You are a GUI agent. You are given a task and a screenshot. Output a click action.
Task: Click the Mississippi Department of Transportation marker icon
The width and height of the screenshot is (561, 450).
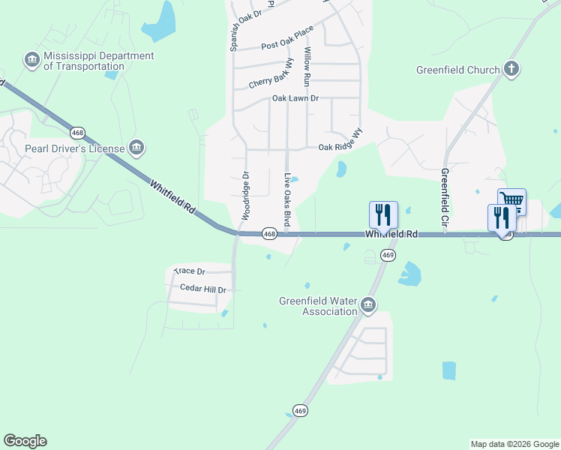[x=32, y=60]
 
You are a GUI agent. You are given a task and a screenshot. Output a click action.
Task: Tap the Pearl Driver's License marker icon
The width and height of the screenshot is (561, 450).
[x=136, y=148]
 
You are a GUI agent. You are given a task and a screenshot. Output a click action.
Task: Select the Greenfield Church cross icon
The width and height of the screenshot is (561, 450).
[x=511, y=70]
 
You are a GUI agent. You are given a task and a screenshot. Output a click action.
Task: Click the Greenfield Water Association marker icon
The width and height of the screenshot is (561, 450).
[x=368, y=304]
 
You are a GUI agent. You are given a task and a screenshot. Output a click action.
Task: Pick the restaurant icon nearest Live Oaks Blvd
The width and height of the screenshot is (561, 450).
[x=383, y=214]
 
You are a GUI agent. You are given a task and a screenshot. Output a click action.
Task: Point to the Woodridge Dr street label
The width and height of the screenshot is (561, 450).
[x=244, y=196]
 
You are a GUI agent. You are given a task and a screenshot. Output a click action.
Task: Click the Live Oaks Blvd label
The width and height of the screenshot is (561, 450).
[x=287, y=199]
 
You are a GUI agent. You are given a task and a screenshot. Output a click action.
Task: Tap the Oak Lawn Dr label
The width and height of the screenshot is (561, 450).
[x=295, y=98]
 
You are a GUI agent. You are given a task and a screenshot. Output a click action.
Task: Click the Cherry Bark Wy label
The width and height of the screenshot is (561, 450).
[x=271, y=76]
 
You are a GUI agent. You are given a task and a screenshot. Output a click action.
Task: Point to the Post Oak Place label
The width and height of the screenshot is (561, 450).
[x=287, y=40]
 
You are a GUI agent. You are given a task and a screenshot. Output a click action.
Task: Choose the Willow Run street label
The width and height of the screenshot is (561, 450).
[x=307, y=64]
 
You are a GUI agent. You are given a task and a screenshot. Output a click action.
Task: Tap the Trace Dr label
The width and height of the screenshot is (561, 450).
[x=189, y=271]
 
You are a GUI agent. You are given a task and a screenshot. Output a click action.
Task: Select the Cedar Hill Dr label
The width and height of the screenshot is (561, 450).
[x=202, y=289]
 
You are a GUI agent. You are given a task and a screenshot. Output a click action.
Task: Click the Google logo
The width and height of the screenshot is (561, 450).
[x=25, y=441]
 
